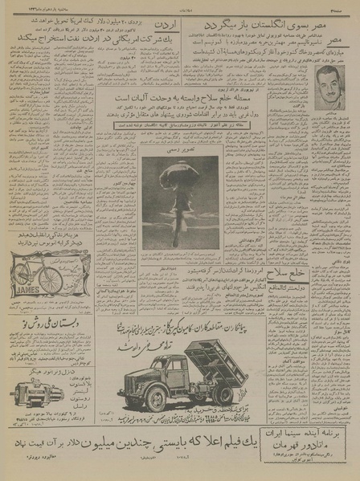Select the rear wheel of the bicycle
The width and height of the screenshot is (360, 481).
pos(18,278)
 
